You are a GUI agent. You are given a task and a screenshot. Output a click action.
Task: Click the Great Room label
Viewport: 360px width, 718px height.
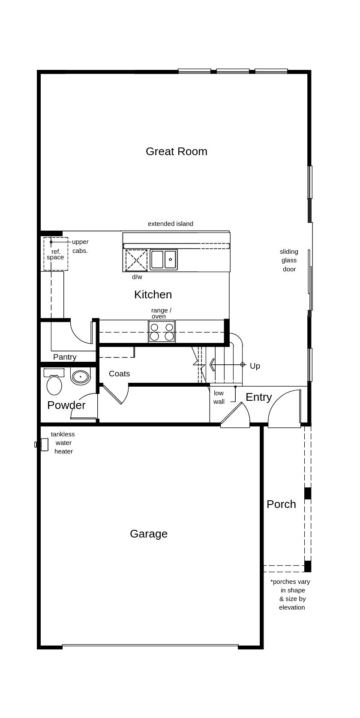(x=176, y=151)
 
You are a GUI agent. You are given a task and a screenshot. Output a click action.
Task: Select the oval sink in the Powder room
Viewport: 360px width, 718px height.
(x=80, y=377)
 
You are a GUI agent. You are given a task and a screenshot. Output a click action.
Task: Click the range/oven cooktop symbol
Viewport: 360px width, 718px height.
(x=162, y=332)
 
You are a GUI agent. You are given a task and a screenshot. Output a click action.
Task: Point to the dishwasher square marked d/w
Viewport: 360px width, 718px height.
(x=136, y=260)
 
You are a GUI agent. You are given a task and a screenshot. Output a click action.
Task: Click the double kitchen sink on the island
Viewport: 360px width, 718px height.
(x=164, y=259)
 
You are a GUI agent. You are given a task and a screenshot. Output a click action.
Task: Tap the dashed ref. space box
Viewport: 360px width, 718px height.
(x=56, y=254)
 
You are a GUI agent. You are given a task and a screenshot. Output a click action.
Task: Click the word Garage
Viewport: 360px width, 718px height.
(x=148, y=534)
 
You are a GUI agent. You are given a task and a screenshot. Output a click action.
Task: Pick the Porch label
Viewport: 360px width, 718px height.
(x=281, y=504)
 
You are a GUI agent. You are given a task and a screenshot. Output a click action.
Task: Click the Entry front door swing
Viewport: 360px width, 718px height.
(x=284, y=409)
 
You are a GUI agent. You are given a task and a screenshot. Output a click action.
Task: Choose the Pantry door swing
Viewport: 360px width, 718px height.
(x=81, y=332)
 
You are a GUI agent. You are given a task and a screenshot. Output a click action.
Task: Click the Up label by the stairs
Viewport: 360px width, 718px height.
(x=255, y=366)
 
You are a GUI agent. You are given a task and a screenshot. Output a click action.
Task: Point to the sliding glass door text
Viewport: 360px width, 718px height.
(x=289, y=260)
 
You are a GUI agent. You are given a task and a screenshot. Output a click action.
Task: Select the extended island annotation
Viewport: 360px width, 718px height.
(x=170, y=224)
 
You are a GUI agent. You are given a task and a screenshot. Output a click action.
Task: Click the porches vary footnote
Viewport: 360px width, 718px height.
(x=291, y=594)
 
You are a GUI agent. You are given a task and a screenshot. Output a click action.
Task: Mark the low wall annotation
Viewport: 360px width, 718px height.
(x=219, y=397)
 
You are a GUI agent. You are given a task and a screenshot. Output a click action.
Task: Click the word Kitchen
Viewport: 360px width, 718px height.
(x=153, y=294)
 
